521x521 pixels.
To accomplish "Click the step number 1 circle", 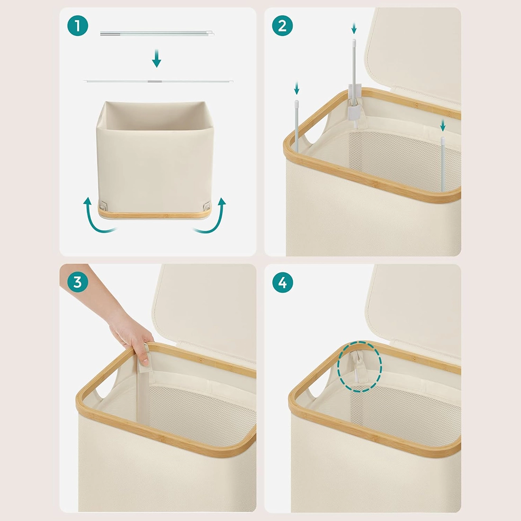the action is coord(77,26).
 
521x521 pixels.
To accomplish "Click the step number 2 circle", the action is coord(282,26).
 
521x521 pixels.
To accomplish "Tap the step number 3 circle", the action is coord(77,282).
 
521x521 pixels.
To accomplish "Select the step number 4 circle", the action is coord(282,282).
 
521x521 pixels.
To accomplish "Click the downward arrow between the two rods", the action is coord(156,58).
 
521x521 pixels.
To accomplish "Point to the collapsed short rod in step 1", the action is coord(157,33).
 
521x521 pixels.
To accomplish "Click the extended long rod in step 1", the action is coord(158,81).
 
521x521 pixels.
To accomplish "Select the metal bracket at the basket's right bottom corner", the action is coord(206,206).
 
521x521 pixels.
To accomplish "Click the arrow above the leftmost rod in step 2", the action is coord(296,89).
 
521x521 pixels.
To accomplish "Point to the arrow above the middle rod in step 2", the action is coord(354,28).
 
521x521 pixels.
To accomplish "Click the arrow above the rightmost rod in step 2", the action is coord(442,125).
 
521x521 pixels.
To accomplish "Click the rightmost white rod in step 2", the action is coord(442,164).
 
